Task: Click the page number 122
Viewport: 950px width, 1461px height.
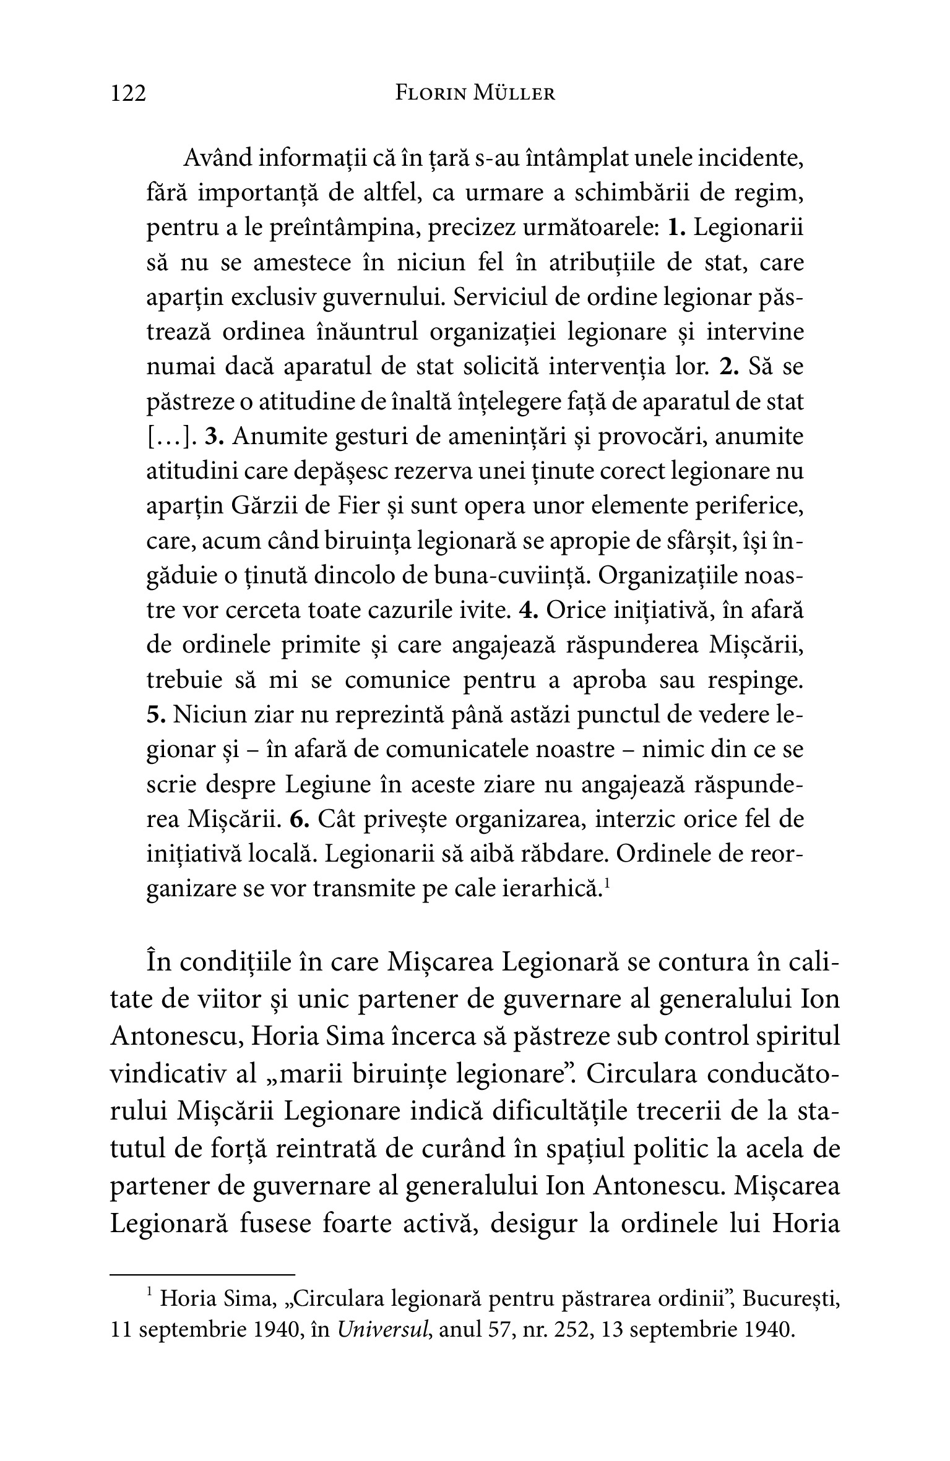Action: [129, 93]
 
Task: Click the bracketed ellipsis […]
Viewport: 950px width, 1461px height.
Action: [168, 437]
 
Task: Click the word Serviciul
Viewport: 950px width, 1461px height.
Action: [501, 298]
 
